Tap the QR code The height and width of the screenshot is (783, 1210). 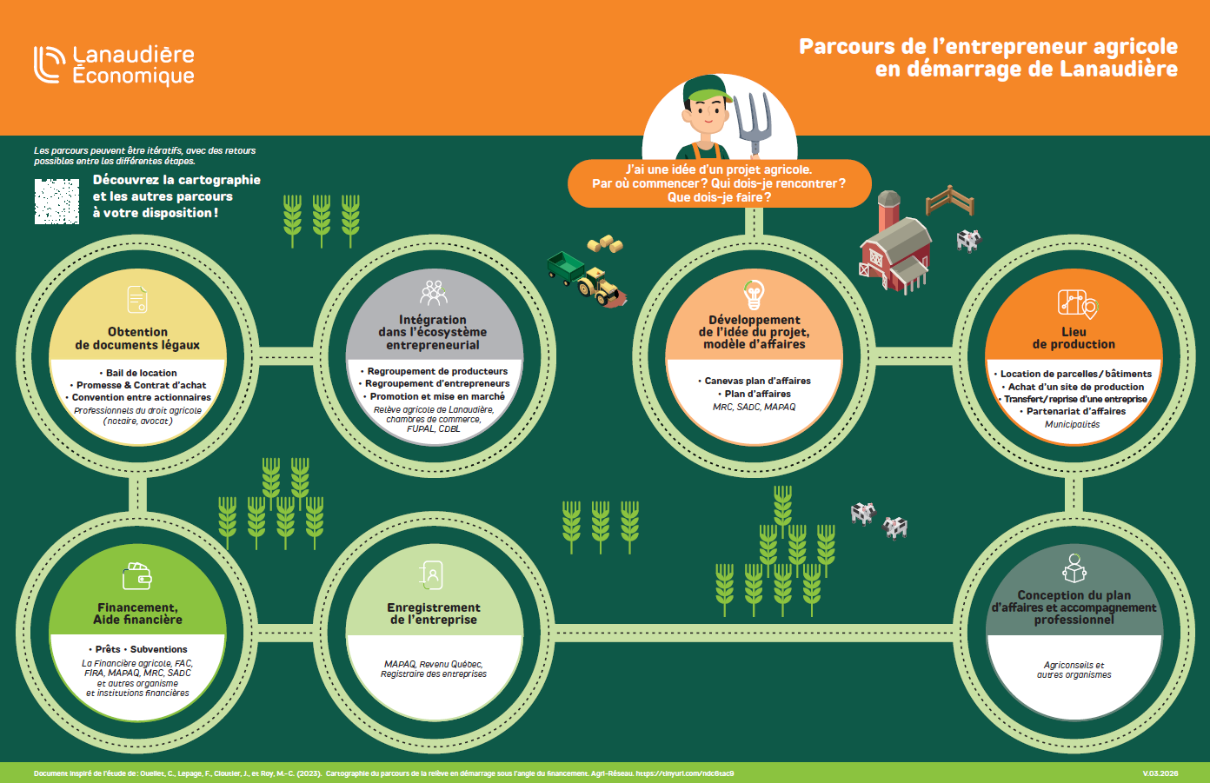click(57, 201)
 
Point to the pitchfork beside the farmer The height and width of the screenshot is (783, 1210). click(753, 122)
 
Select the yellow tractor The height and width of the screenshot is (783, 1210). click(598, 285)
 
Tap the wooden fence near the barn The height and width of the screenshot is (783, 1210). click(949, 201)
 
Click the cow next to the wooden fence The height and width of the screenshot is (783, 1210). click(968, 240)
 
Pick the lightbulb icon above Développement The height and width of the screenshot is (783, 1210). click(754, 294)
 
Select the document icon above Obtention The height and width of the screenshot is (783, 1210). click(137, 300)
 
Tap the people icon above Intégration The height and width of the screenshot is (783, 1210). click(433, 293)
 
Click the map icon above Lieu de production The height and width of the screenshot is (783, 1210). click(1076, 303)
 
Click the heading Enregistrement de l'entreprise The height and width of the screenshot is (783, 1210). click(433, 614)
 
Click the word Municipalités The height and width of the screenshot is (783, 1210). click(1072, 425)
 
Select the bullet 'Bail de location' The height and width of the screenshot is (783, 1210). click(141, 373)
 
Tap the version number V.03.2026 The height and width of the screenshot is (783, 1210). click(1160, 773)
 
